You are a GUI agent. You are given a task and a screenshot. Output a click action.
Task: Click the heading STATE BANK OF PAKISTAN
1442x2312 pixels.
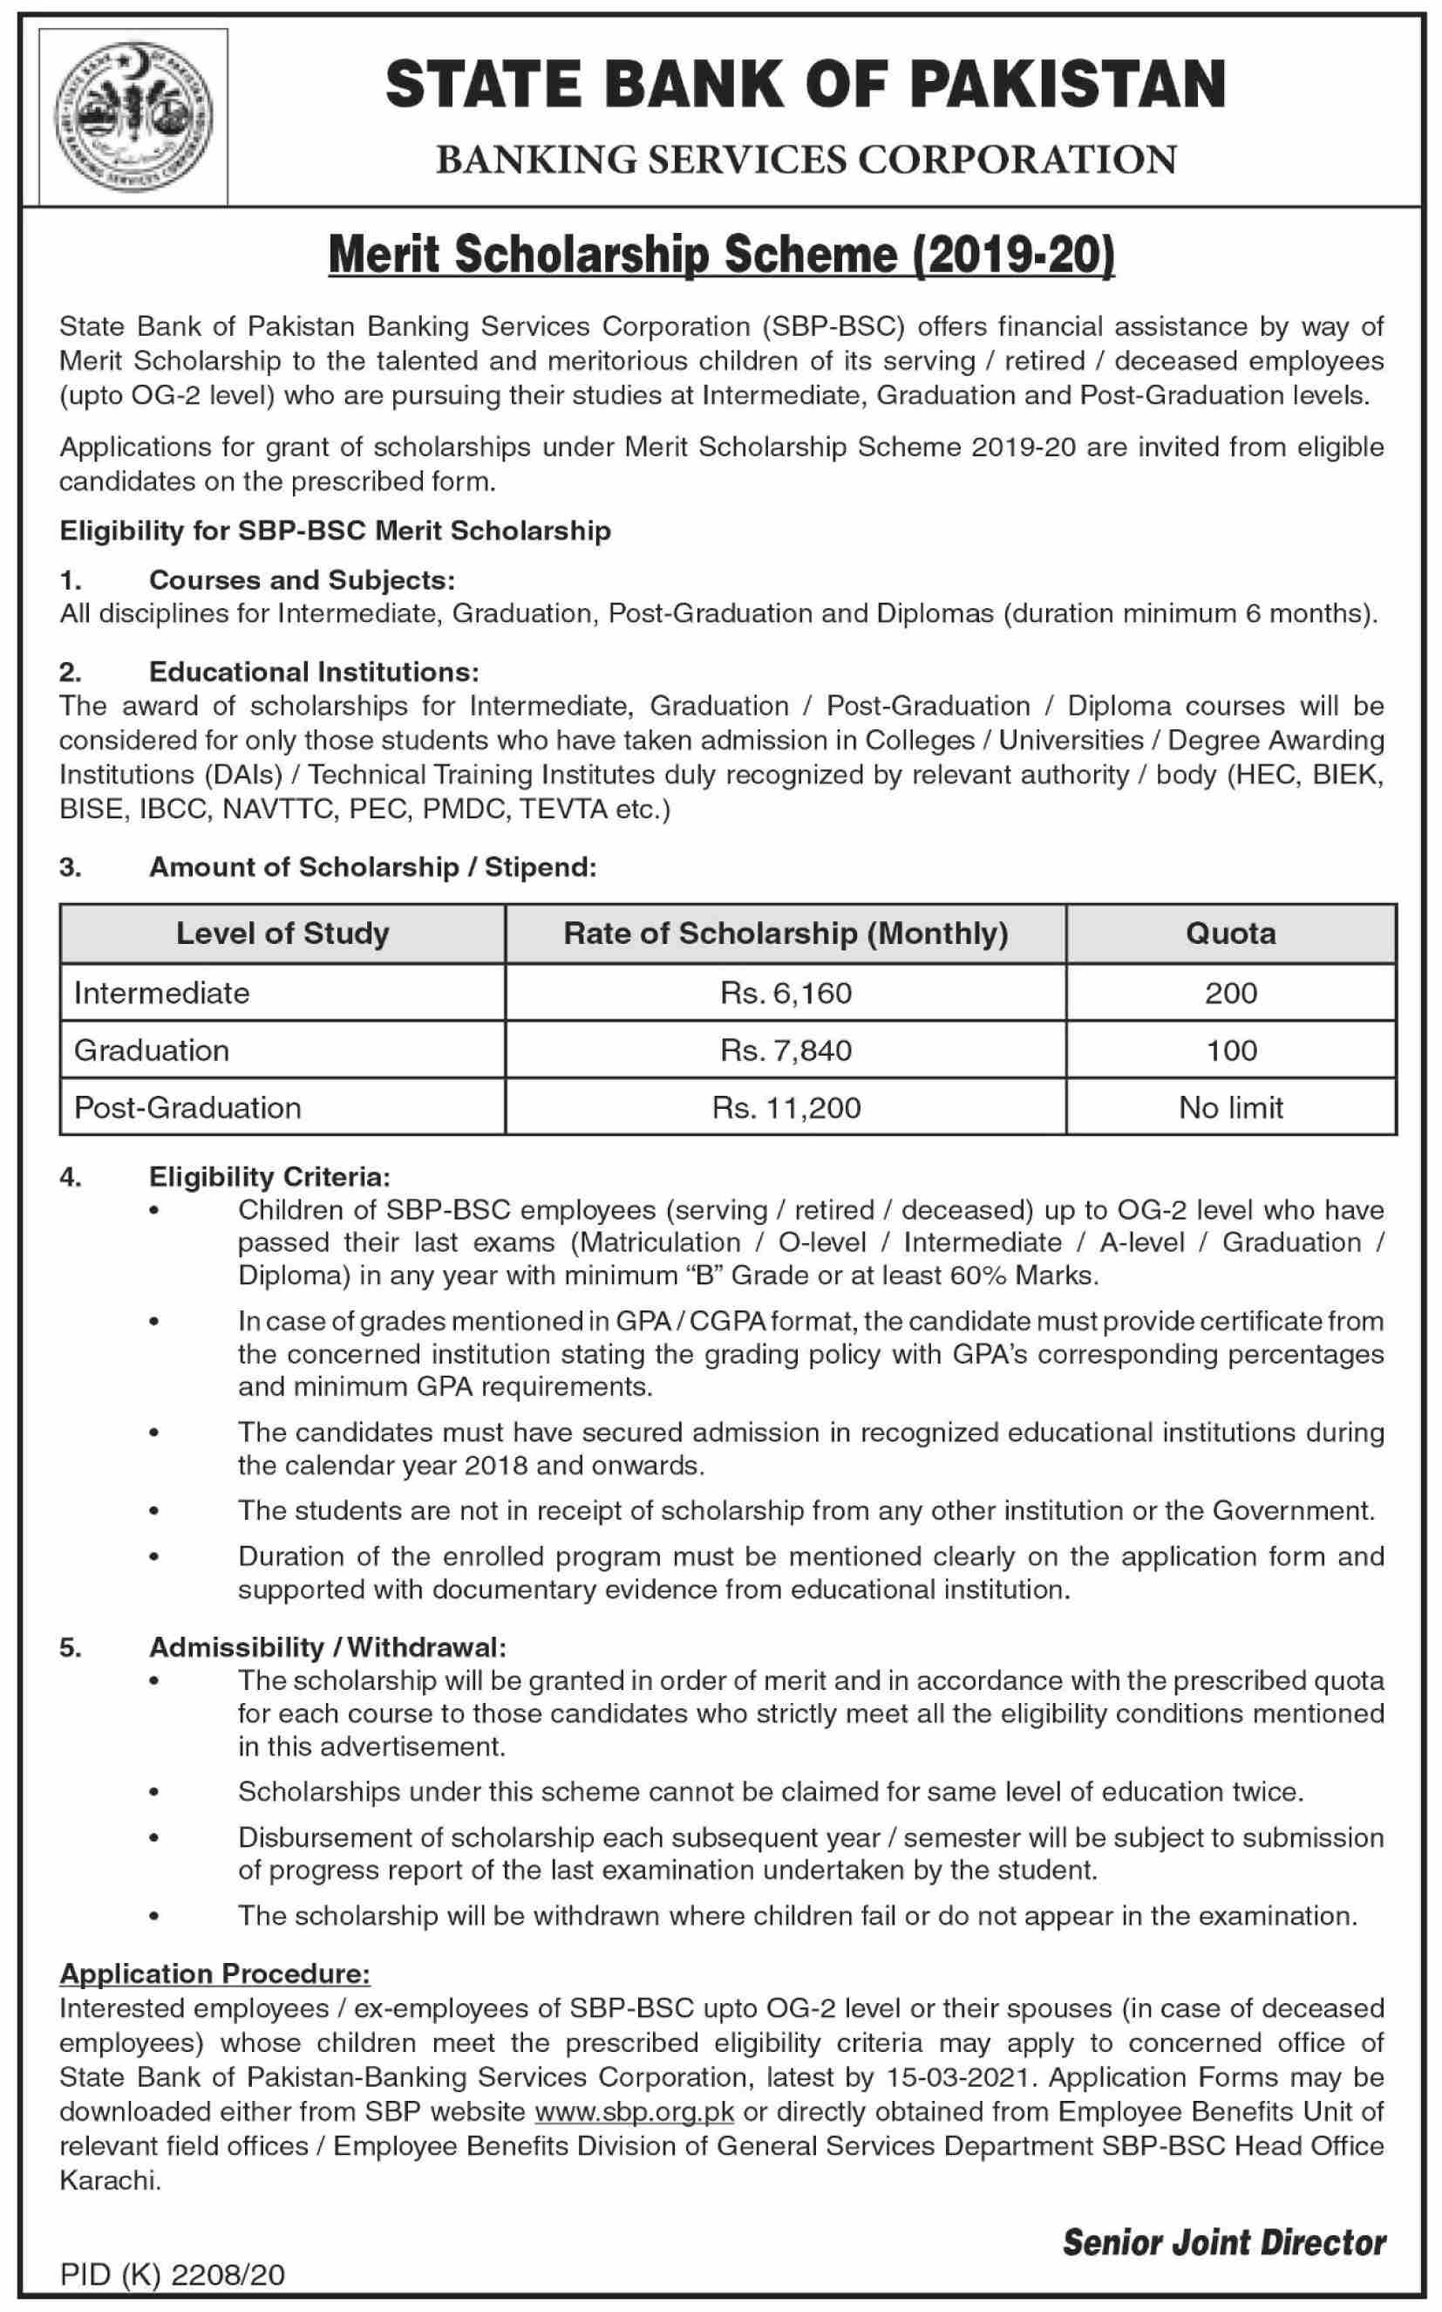pyautogui.click(x=805, y=84)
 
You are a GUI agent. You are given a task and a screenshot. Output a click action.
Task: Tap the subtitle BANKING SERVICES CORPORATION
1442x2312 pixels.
pyautogui.click(x=806, y=160)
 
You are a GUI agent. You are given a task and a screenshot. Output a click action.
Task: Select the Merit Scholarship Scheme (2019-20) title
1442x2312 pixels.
pyautogui.click(x=721, y=256)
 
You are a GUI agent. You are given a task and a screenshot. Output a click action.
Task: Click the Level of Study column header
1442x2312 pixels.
pyautogui.click(x=282, y=933)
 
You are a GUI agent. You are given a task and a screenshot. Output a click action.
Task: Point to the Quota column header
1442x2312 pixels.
pyautogui.click(x=1230, y=933)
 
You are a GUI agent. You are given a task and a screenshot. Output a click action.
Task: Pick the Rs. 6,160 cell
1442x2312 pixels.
pyautogui.click(x=786, y=994)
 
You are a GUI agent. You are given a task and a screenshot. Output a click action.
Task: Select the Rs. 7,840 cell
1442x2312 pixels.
pyautogui.click(x=786, y=1050)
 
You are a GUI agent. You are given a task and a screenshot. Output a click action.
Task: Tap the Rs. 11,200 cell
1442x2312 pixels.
pyautogui.click(x=786, y=1107)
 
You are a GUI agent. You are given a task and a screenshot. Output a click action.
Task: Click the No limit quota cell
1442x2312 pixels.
pyautogui.click(x=1230, y=1107)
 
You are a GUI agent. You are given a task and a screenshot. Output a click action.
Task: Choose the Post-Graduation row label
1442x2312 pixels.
pyautogui.click(x=188, y=1107)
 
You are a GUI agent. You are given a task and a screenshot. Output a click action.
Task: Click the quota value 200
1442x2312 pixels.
pyautogui.click(x=1230, y=994)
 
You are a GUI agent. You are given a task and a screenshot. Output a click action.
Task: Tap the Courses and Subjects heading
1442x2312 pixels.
pyautogui.click(x=303, y=579)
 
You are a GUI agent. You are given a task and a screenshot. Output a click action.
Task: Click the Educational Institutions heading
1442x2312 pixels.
pyautogui.click(x=314, y=672)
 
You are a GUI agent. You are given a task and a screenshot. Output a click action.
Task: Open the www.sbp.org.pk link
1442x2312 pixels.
pyautogui.click(x=634, y=2111)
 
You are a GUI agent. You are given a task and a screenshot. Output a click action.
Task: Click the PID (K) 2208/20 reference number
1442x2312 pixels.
pyautogui.click(x=172, y=2274)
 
